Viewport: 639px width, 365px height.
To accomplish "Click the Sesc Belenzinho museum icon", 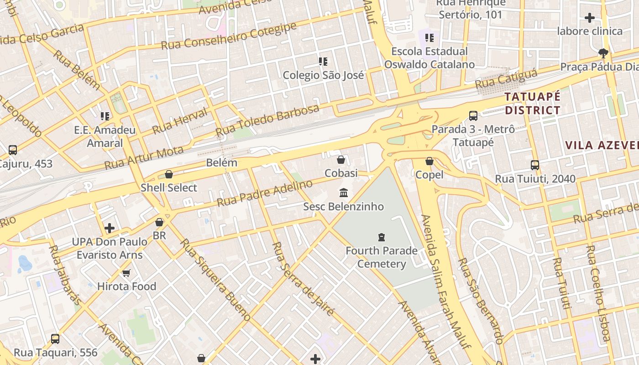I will tap(344, 193).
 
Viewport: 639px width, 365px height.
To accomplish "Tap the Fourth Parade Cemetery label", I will tap(381, 257).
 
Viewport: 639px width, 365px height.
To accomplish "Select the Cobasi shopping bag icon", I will tap(341, 160).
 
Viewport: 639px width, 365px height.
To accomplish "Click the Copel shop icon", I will tap(429, 161).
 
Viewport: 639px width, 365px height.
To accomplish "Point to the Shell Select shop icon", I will tap(169, 174).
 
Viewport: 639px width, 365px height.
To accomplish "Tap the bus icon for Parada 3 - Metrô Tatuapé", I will tap(473, 116).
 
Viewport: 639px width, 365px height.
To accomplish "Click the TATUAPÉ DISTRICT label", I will tap(532, 104).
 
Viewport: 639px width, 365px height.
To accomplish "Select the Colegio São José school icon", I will tap(323, 62).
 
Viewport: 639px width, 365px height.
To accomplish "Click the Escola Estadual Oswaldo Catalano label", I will tap(429, 58).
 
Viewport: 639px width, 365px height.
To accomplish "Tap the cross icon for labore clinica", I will tap(590, 18).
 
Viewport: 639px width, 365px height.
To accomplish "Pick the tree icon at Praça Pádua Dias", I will tap(603, 53).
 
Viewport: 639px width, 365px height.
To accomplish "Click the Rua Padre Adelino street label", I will tap(265, 193).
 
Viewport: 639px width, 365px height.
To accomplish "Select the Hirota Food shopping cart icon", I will tap(126, 273).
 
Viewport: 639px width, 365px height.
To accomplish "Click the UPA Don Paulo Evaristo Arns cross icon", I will tap(110, 228).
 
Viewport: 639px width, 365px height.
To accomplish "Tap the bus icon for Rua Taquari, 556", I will tap(55, 339).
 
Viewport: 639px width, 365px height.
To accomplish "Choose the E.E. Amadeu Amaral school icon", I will tap(105, 116).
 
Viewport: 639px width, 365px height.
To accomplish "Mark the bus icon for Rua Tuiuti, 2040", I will tap(535, 165).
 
